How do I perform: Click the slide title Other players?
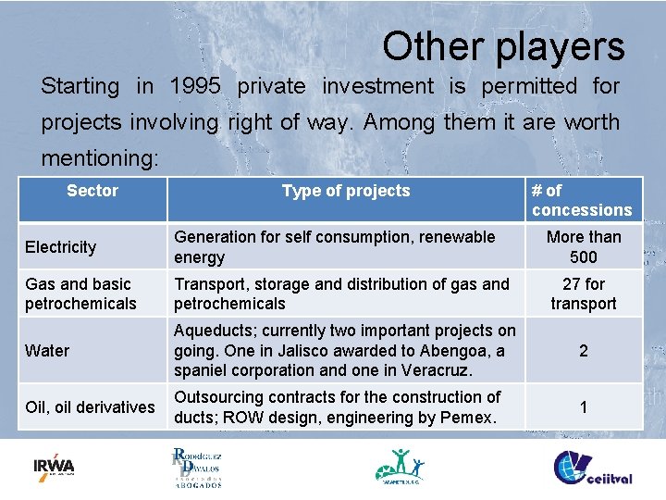(x=503, y=46)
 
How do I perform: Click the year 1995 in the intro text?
(x=195, y=86)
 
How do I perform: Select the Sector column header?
(x=92, y=191)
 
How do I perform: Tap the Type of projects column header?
(x=346, y=191)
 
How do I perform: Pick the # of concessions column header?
(x=581, y=200)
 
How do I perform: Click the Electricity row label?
(x=61, y=247)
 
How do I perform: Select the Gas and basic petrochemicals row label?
(x=80, y=294)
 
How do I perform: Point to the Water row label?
(x=47, y=350)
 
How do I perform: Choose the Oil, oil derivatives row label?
(x=90, y=406)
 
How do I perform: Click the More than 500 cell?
(x=584, y=247)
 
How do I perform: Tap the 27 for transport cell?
(x=584, y=294)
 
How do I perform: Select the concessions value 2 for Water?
(x=584, y=350)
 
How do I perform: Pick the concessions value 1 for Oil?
(x=584, y=406)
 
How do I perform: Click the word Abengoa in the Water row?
(x=453, y=350)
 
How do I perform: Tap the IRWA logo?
(x=54, y=466)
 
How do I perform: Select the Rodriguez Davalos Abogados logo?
(x=197, y=467)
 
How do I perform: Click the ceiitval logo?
(x=593, y=468)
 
